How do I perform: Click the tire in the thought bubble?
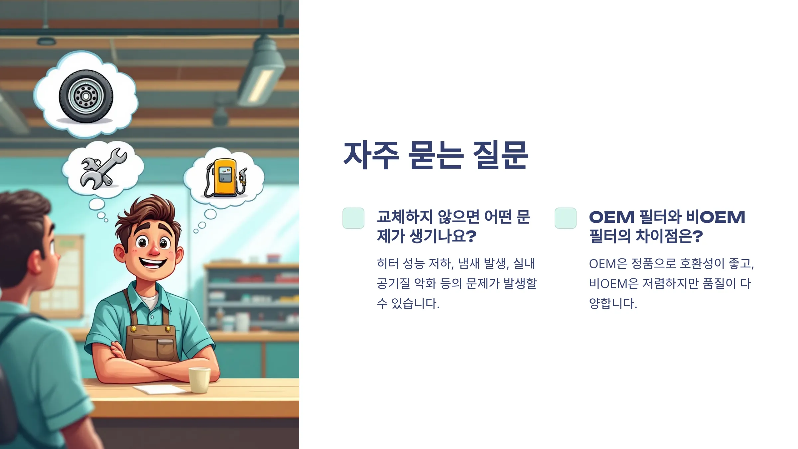[86, 96]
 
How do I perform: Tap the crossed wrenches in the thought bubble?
[103, 168]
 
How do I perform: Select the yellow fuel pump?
[226, 178]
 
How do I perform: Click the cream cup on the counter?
[199, 379]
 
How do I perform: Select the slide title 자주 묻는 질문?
[436, 155]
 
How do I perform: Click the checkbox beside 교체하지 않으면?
[353, 218]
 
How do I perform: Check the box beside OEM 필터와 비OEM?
[566, 218]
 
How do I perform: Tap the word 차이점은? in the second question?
[669, 236]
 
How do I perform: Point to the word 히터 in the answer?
[388, 263]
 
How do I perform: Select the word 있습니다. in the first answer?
[415, 303]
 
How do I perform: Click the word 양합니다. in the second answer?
[613, 303]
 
